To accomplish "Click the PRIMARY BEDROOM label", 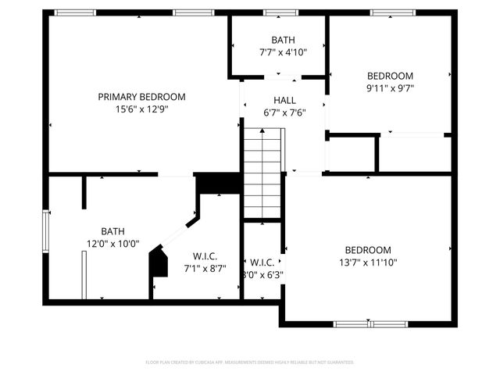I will coord(141,97).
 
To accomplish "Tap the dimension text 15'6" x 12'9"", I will coord(141,109).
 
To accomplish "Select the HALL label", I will coord(284,101).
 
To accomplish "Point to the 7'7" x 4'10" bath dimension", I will coord(283,52).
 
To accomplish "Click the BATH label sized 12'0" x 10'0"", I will coord(112,231).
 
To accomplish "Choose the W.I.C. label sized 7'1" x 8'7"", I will coord(205,256).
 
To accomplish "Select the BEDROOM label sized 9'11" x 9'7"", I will coord(390,76).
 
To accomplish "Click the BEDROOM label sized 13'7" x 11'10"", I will coord(368,250).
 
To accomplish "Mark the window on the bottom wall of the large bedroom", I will coord(371,323).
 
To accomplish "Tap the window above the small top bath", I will coord(275,12).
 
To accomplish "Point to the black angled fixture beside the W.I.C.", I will coord(159,261).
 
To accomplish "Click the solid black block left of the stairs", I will coord(218,182).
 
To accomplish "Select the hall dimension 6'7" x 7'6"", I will coord(284,112).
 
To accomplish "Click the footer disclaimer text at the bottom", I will coord(250,362).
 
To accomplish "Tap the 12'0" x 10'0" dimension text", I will coord(112,244).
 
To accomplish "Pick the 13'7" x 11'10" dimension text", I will coord(368,262).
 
